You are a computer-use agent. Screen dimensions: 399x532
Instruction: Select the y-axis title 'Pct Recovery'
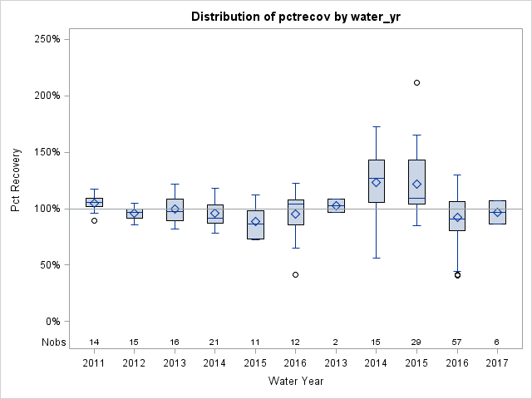17,180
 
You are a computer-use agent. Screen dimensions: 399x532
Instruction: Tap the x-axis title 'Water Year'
295,381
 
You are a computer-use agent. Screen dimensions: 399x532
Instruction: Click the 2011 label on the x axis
94,363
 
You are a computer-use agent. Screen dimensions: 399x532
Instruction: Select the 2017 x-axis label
497,363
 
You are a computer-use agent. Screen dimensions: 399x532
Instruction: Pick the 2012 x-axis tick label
134,363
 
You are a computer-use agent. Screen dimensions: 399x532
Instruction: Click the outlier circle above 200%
416,82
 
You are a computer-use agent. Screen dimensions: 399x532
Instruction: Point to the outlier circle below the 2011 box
94,220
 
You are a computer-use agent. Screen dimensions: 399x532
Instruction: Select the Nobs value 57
457,342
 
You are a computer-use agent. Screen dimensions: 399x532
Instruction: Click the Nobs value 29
416,342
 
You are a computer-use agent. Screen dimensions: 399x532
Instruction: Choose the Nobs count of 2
336,342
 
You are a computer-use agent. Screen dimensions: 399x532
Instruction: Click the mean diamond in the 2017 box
497,213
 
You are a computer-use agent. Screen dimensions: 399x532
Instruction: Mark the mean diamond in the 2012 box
134,213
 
